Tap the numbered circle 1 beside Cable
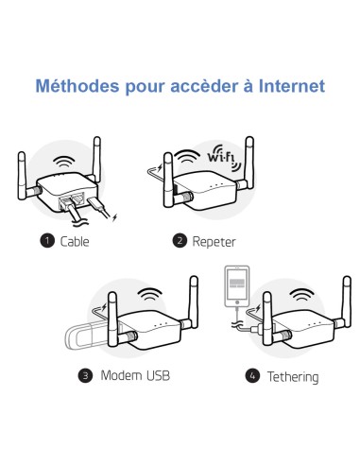[x=46, y=241]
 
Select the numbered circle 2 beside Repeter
[x=180, y=241]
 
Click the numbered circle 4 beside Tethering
[x=252, y=376]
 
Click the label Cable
[x=75, y=241]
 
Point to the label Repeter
[x=214, y=241]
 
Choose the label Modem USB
[x=133, y=376]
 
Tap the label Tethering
[x=291, y=377]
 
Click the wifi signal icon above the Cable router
[x=65, y=160]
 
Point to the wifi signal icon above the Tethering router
[x=302, y=295]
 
